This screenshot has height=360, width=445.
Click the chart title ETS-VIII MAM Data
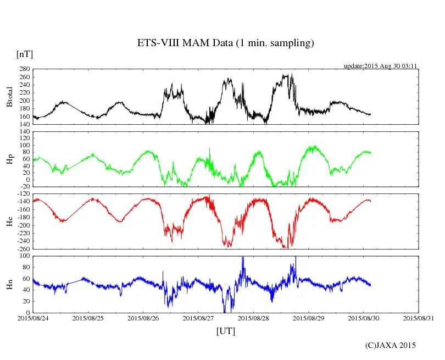[225, 43]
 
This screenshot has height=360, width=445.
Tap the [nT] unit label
[24, 54]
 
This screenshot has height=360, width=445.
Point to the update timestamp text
[381, 66]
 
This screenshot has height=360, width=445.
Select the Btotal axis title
[10, 97]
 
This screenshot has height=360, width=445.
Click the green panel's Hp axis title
[10, 159]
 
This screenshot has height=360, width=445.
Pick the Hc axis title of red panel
[10, 221]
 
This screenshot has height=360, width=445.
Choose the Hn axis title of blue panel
[10, 284]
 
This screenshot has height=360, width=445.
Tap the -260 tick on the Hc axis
[23, 248]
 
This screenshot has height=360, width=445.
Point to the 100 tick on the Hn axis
[24, 256]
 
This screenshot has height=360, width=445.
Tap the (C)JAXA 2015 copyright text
[391, 345]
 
